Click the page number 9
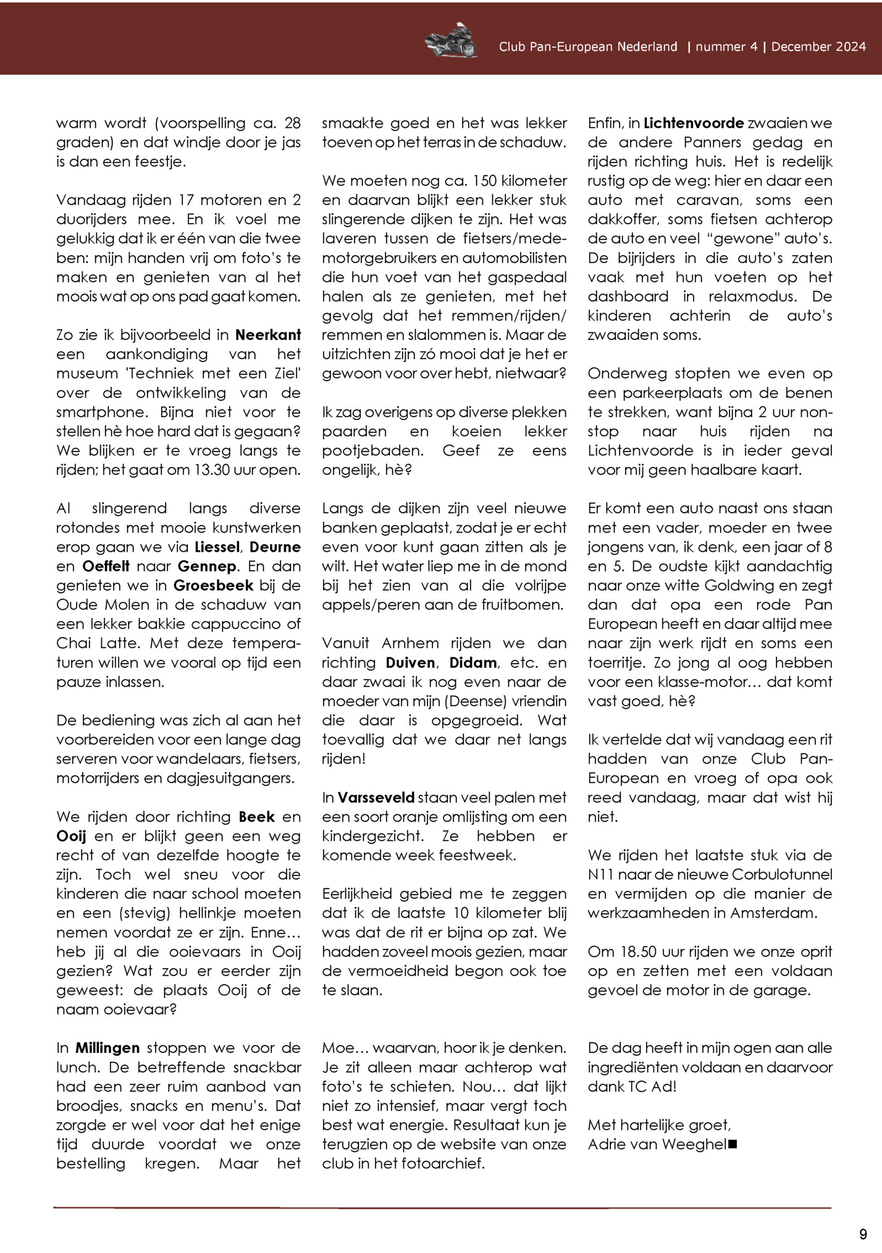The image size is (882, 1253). pos(863,1234)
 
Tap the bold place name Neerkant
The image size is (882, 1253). pos(268,335)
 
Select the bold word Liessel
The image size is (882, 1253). pos(216,547)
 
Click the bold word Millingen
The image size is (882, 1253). pos(107,1048)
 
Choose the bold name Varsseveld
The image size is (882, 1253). pos(376,797)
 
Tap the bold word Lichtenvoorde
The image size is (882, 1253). pos(694,123)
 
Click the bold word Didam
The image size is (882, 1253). pos(473,662)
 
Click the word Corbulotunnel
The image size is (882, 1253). pos(782,874)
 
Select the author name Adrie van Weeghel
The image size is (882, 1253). pos(657,1144)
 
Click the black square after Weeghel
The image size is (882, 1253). pos(733,1145)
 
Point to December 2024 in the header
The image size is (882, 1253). pos(818,47)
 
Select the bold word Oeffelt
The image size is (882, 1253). pos(106,566)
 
